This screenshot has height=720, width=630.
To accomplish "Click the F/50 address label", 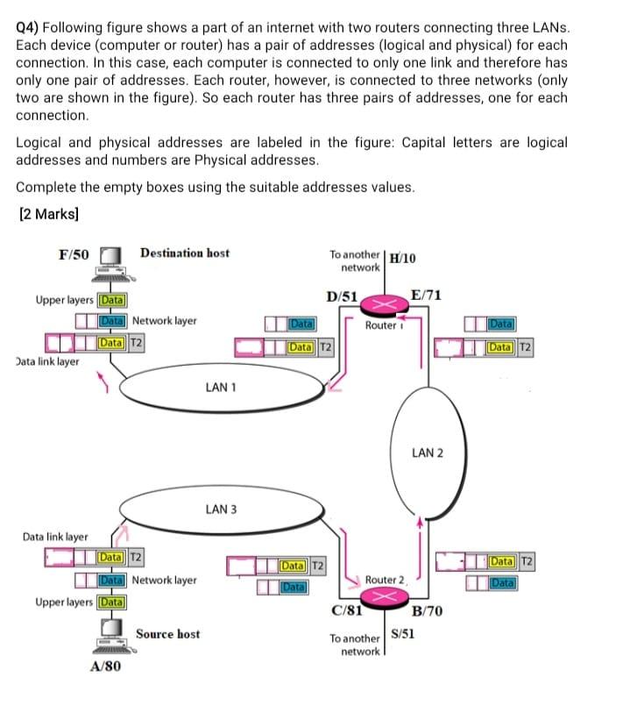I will coord(74,255).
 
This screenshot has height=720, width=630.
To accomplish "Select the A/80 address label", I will coord(106,667).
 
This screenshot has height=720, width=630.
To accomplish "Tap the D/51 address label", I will coord(341,296).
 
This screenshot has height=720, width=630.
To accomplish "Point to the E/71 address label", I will coord(426,296).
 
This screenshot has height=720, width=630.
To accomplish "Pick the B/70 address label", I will coord(427,610).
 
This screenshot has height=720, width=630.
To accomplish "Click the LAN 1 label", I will coord(220,387).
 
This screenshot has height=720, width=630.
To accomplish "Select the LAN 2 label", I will coord(427,453).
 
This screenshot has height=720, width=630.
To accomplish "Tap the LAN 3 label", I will coord(220,510).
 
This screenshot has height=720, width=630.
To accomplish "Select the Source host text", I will coord(167,634).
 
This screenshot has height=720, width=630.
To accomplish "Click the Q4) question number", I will coord(31,27).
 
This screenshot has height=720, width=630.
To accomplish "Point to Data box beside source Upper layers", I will coord(110,602).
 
